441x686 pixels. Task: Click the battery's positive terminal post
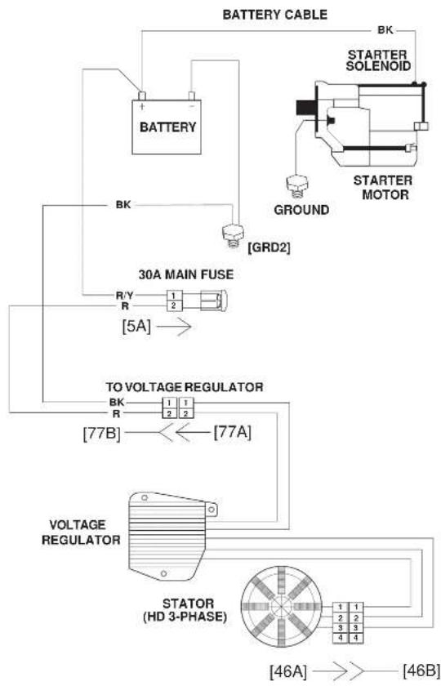[x=142, y=96]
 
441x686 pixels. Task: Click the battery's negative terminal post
[x=192, y=96]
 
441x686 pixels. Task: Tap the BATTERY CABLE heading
[x=274, y=15]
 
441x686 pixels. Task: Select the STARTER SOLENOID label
[x=378, y=60]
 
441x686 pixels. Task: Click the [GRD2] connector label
[x=269, y=247]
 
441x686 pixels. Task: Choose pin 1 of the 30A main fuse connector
[x=173, y=296]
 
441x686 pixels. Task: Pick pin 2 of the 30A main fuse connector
[x=173, y=305]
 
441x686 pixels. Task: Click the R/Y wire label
[x=125, y=296]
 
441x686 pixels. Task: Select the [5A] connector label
[x=136, y=327]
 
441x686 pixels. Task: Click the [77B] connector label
[x=101, y=434]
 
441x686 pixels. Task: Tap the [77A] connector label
[x=232, y=433]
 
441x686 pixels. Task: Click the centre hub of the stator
[x=281, y=606]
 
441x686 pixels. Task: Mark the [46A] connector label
[x=287, y=670]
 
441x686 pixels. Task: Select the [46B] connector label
[x=421, y=670]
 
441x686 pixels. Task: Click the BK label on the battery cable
[x=385, y=30]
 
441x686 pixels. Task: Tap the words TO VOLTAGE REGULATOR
[x=185, y=387]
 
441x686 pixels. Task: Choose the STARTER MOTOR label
[x=382, y=187]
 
